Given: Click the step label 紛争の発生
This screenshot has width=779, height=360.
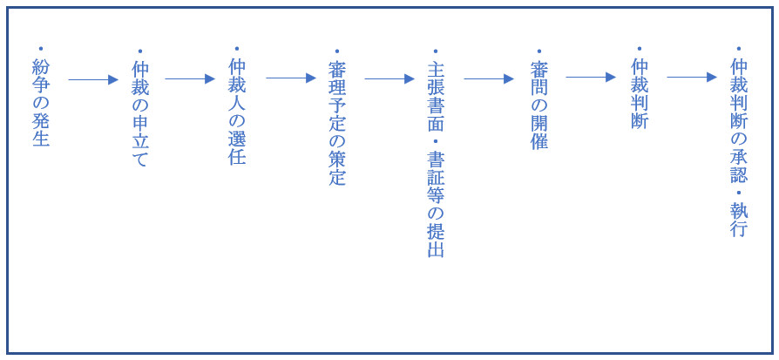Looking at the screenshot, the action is (41, 103).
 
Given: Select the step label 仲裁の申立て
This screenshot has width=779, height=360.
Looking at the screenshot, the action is (139, 114).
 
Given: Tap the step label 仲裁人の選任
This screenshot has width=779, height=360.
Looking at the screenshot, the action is (237, 112).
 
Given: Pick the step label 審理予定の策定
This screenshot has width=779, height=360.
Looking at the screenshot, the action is (337, 123).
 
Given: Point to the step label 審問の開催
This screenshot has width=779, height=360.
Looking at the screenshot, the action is (539, 105).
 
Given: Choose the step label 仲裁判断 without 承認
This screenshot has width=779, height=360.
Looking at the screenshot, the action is (639, 93).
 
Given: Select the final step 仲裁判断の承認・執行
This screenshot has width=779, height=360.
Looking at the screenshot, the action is (739, 147).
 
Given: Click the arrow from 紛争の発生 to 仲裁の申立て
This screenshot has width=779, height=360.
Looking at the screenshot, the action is (93, 79).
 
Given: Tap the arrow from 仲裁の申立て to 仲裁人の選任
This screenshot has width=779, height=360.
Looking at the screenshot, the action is (190, 78).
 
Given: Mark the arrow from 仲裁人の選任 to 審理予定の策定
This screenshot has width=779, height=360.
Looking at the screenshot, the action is (291, 78).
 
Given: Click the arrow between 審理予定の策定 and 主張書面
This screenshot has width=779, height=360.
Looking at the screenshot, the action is (389, 78).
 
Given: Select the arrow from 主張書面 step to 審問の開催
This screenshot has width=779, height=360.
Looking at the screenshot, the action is (489, 78).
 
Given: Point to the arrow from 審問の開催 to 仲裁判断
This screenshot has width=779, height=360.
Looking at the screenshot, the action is (591, 77).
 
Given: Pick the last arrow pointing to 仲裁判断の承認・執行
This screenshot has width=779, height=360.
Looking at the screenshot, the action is (692, 77).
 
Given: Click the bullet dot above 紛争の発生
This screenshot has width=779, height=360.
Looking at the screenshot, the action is (41, 49).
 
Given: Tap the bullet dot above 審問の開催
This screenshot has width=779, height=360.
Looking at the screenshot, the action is (539, 51).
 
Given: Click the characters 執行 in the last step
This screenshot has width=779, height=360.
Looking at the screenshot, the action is (739, 219).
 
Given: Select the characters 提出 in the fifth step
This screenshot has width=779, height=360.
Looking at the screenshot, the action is (436, 241).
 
